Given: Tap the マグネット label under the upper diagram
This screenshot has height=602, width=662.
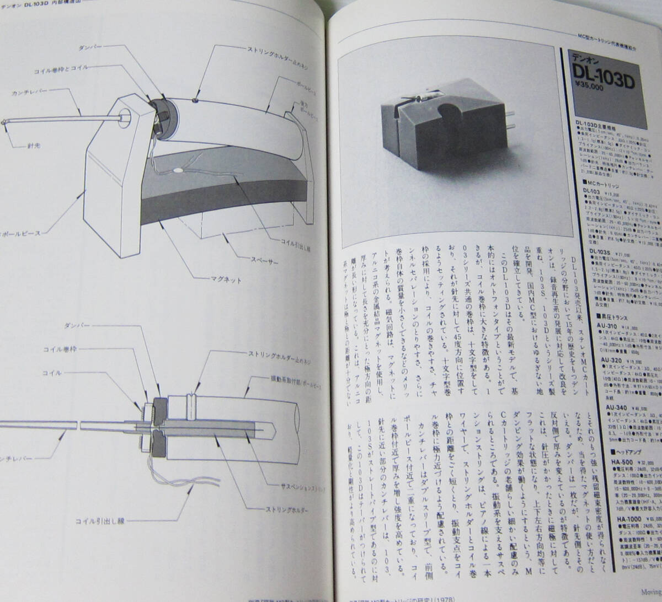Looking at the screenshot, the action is tap(225, 279).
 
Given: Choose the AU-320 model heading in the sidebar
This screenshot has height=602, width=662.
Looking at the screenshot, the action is tap(611, 357).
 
